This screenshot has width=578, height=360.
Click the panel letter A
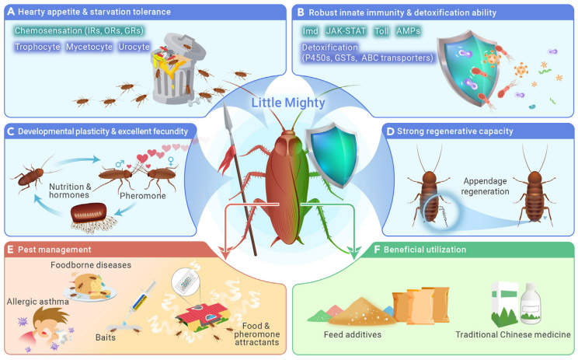[11, 12]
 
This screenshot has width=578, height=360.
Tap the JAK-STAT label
[346, 31]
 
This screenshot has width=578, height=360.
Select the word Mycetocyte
[89, 47]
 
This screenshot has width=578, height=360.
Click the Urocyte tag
[134, 47]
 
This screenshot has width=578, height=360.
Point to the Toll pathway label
[381, 31]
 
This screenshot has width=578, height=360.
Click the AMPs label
[408, 31]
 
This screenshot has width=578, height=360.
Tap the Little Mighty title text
[288, 103]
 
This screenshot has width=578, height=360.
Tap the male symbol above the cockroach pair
[120, 163]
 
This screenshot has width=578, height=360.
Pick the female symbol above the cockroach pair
[171, 161]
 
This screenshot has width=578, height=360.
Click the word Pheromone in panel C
[143, 195]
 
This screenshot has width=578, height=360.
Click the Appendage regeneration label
[485, 187]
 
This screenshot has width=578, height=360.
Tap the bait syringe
[139, 299]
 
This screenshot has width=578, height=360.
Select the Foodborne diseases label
[91, 265]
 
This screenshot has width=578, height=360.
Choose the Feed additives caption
[353, 334]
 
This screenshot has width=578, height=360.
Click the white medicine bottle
[531, 302]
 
